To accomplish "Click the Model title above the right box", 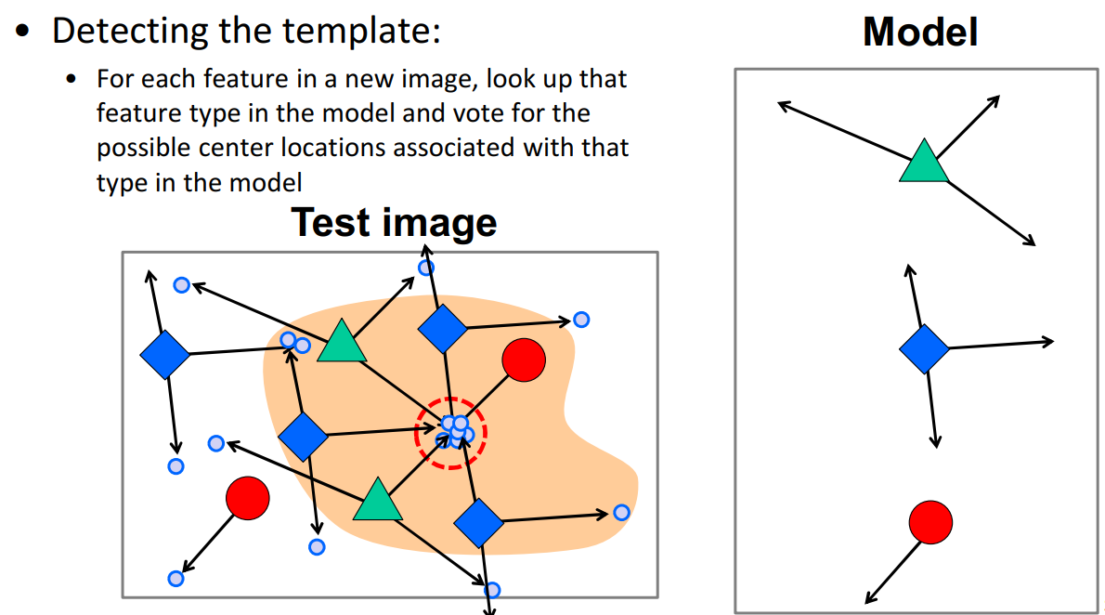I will pos(919,33).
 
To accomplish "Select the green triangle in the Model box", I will pos(924,162).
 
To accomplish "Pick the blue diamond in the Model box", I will pos(925,349).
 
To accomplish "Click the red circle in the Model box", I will pos(930,521).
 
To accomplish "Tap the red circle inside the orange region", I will pos(523,360).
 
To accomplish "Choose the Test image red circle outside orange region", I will pos(247,497).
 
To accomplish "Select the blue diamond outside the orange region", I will pos(164,355).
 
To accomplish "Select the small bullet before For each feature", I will pos(71,79).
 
